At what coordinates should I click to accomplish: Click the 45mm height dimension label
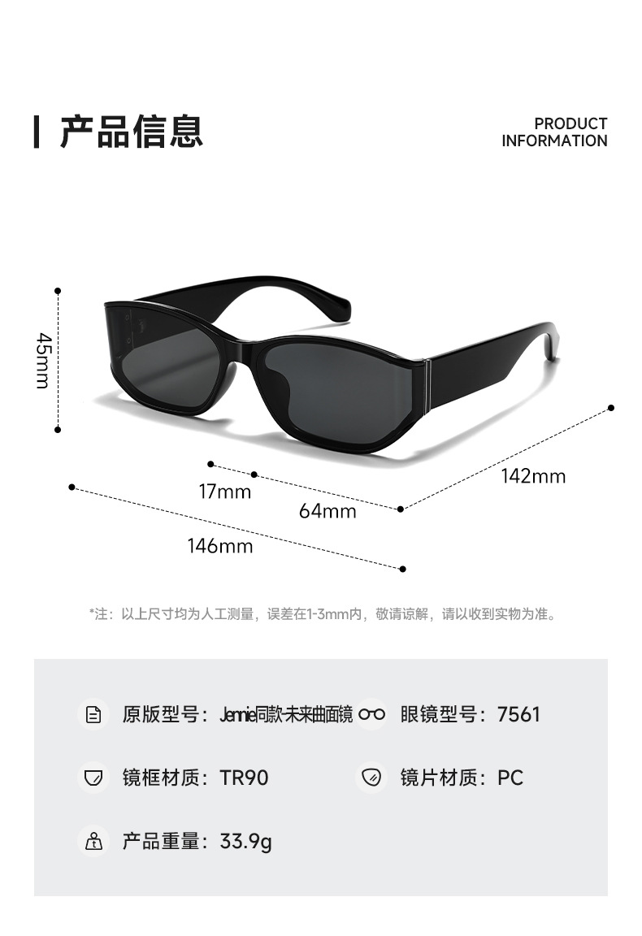(x=44, y=360)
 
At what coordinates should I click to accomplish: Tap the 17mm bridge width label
(x=225, y=492)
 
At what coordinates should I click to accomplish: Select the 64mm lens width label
(x=328, y=511)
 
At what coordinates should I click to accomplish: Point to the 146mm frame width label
(x=220, y=546)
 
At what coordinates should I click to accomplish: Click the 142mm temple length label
(x=533, y=476)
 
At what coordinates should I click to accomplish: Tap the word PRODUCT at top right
(x=570, y=123)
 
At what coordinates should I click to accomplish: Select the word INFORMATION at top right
(x=554, y=141)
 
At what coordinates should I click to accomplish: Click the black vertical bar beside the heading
(x=37, y=132)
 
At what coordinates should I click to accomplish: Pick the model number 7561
(x=518, y=714)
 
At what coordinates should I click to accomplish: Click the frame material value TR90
(x=244, y=778)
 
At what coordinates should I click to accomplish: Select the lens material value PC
(x=510, y=778)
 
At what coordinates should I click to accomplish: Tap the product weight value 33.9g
(x=245, y=841)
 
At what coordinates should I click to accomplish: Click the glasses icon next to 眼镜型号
(x=371, y=714)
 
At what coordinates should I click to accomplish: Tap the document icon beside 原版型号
(x=94, y=714)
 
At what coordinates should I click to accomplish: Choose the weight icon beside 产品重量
(x=94, y=841)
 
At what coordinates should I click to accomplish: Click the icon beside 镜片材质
(x=371, y=778)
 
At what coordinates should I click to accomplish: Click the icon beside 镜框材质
(x=94, y=778)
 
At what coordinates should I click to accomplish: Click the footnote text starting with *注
(x=322, y=614)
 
